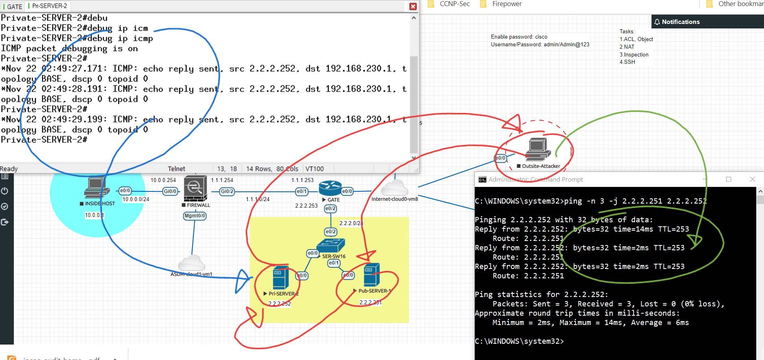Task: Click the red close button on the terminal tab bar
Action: tap(413, 7)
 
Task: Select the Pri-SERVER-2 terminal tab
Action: tap(49, 6)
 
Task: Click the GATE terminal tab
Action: tap(14, 7)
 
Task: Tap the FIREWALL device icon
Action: tap(195, 188)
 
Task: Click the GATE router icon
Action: tap(330, 188)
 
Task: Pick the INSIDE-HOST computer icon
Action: tap(96, 188)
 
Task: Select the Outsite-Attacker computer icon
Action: tap(538, 149)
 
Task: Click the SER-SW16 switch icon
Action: tap(331, 245)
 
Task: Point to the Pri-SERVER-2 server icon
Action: tap(281, 278)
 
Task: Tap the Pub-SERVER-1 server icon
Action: tap(372, 275)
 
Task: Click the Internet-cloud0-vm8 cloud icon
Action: tap(394, 188)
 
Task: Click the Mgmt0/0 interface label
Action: tap(195, 216)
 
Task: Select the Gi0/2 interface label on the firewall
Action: tap(227, 191)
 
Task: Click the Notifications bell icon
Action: tap(657, 22)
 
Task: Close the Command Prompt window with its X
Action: tap(752, 179)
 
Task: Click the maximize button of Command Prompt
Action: tap(729, 179)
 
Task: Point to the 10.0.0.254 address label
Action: tap(163, 180)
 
